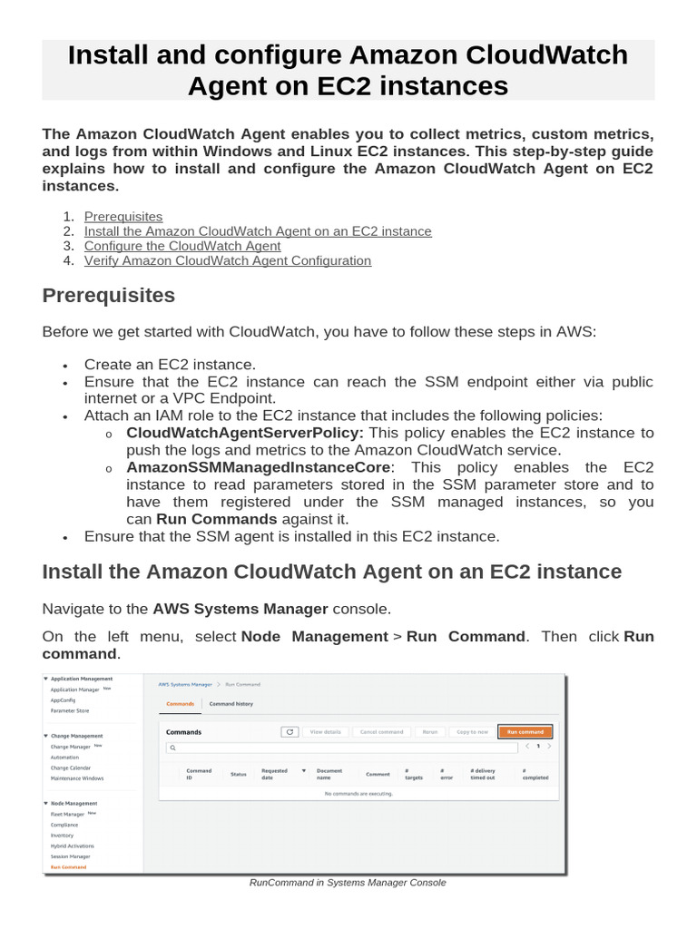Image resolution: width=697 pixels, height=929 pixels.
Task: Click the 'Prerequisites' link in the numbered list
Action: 123,217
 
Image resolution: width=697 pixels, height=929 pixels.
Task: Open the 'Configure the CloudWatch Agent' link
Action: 182,246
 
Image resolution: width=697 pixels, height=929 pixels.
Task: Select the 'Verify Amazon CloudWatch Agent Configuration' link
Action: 228,260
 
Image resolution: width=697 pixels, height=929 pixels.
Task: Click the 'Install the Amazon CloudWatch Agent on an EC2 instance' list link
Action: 258,231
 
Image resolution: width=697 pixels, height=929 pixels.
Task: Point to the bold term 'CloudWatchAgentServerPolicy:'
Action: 245,433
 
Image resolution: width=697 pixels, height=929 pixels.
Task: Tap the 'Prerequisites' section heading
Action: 109,296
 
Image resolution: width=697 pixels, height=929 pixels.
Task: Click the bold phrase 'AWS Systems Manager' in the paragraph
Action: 241,609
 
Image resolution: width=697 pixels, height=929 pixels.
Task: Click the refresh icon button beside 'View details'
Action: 290,731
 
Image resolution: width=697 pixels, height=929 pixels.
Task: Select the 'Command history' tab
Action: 231,704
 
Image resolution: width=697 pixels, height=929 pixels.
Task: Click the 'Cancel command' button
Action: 381,731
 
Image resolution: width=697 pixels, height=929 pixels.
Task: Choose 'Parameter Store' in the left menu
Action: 70,710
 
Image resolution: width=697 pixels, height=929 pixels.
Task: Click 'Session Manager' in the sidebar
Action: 71,856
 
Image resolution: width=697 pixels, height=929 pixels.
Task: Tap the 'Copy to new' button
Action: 472,731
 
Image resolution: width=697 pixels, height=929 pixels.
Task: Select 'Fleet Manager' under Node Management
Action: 68,814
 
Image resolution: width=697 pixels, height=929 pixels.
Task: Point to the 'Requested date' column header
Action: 274,774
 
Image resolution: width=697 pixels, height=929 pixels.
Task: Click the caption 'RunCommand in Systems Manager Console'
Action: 348,883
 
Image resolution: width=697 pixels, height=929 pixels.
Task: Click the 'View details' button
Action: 326,731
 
